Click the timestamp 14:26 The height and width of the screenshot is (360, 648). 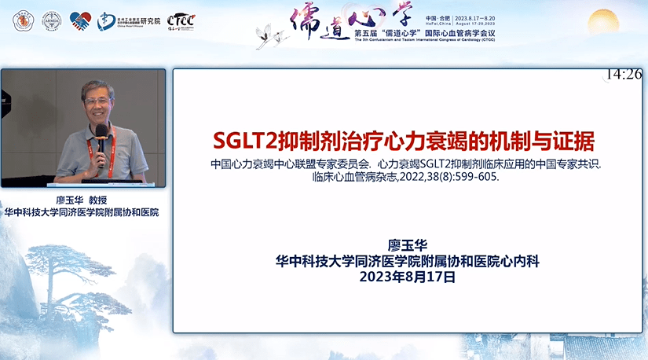point(624,75)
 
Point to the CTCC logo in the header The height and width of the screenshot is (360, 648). point(181,21)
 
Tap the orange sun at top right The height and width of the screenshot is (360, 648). point(604,21)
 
